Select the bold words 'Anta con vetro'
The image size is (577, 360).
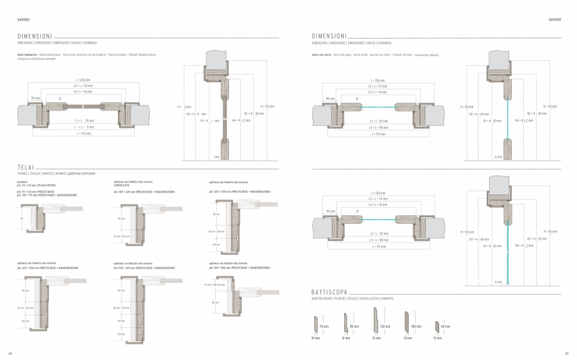(321, 55)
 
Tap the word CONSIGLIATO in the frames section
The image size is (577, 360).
(122, 185)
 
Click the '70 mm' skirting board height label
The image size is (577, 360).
(324, 327)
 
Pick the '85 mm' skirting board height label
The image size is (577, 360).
(353, 327)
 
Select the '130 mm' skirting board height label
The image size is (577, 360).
(384, 327)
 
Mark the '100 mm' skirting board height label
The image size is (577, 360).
(415, 327)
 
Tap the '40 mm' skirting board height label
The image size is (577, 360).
(445, 327)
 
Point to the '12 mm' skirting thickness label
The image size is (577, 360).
(346, 339)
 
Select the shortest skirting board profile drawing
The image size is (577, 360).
(438, 327)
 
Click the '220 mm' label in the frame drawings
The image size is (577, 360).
(26, 320)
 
